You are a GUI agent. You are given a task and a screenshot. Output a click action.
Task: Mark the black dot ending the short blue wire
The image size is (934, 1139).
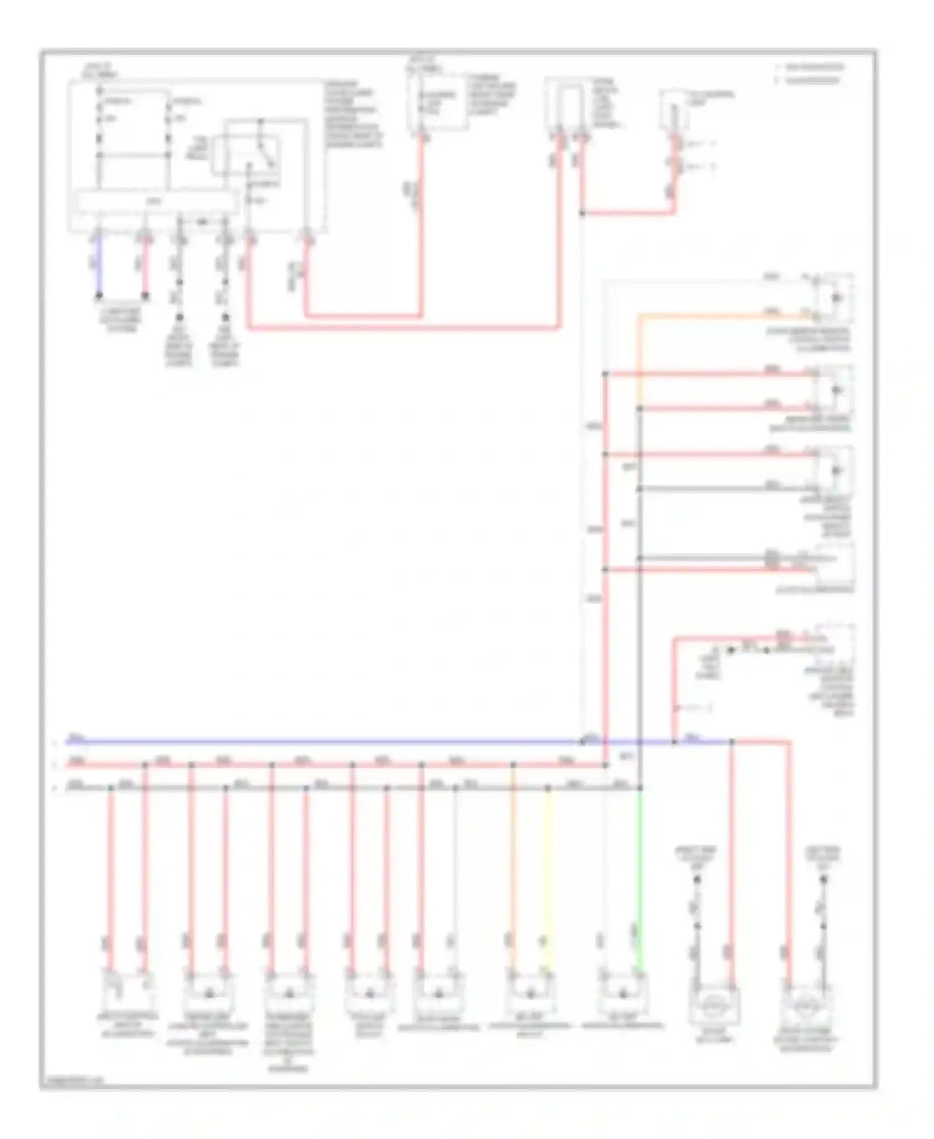pos(98,297)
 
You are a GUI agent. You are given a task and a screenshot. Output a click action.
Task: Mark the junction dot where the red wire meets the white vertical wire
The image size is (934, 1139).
pos(582,213)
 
